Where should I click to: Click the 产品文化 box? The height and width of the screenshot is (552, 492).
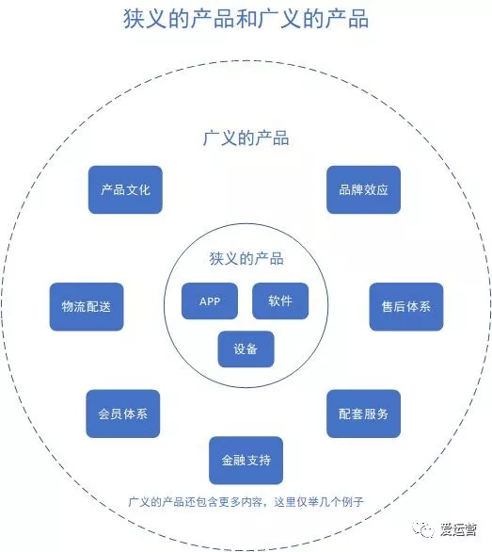tap(125, 189)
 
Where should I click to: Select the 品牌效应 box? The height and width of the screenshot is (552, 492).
tap(363, 189)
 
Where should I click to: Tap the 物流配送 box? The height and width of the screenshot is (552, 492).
tap(87, 307)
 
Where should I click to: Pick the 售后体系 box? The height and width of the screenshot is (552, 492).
tap(406, 307)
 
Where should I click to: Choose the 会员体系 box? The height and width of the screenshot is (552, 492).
tap(123, 414)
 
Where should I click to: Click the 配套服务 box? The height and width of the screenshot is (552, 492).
tap(363, 414)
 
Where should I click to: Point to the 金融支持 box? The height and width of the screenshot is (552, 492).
tap(246, 461)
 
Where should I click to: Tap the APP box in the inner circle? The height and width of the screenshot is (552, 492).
tap(210, 301)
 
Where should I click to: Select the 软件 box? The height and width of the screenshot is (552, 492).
tap(280, 301)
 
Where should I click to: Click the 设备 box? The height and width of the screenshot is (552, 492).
tap(246, 349)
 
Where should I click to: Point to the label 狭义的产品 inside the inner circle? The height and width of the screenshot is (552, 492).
tap(246, 259)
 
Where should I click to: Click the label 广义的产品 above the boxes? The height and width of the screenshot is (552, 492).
tap(246, 138)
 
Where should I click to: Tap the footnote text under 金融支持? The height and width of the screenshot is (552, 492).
tap(246, 502)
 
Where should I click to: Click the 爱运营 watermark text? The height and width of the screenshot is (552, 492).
tap(458, 529)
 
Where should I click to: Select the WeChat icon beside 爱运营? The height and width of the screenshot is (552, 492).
tap(423, 529)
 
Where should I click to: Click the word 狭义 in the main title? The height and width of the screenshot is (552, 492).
tap(145, 19)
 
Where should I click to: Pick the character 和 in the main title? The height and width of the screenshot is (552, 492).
tap(246, 19)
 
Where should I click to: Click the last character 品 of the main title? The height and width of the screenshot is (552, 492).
tap(358, 19)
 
